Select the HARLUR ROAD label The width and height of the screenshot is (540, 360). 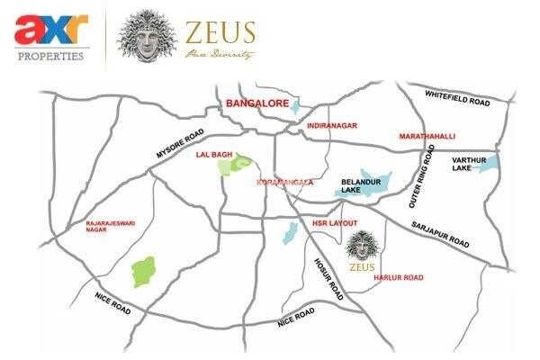pos(398,278)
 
